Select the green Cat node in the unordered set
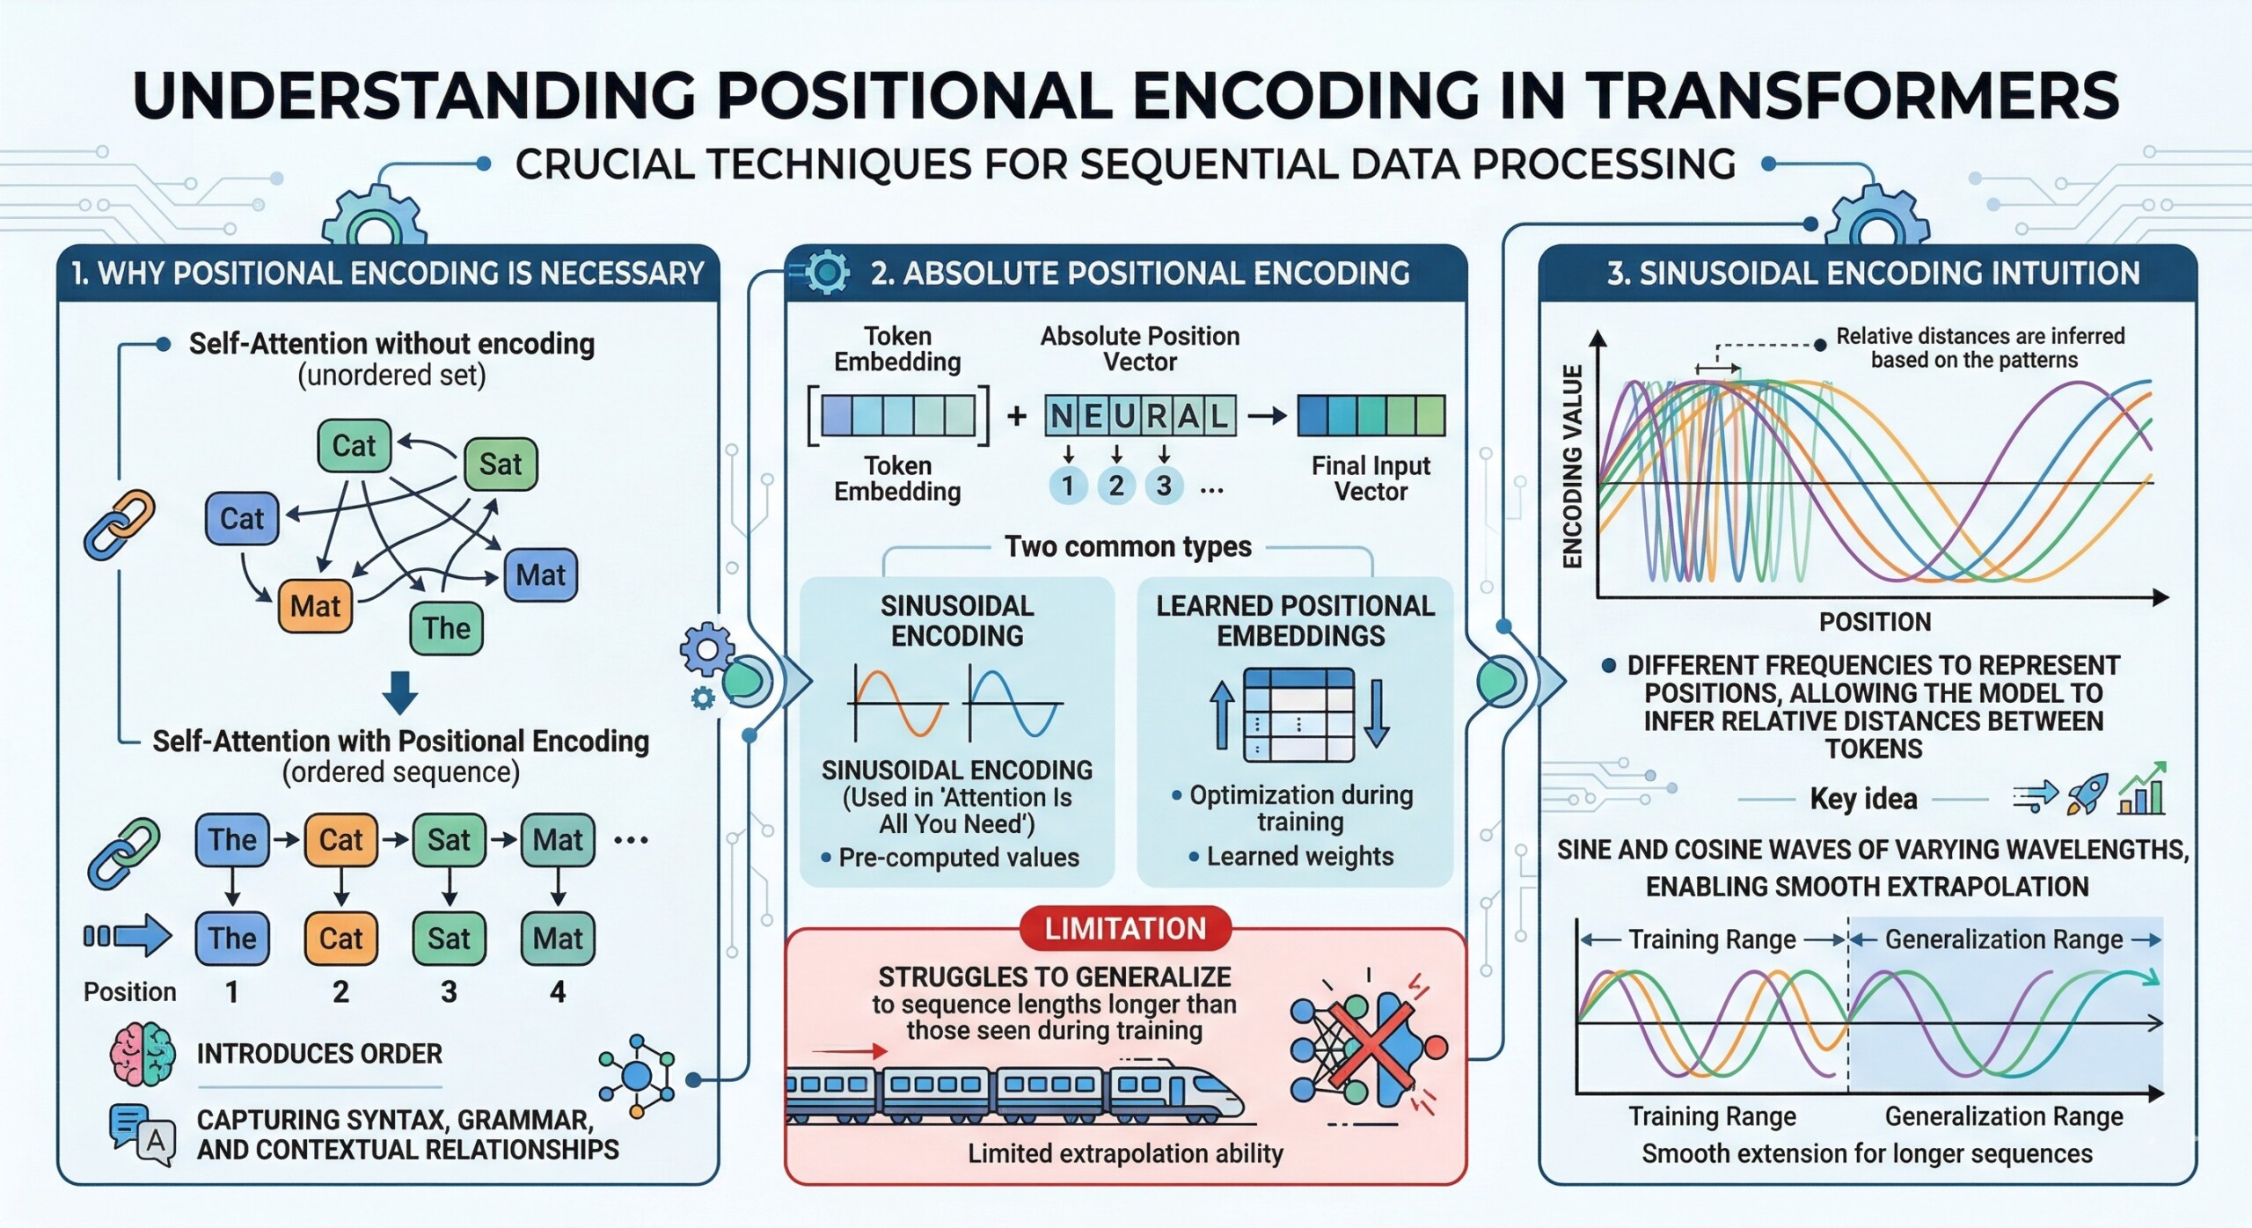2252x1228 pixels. point(354,446)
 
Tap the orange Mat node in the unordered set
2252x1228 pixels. point(315,606)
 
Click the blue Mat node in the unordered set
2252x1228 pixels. point(540,575)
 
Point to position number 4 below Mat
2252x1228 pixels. point(558,992)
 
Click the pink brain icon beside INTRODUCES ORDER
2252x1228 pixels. point(142,1053)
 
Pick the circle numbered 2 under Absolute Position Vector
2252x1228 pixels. point(1115,486)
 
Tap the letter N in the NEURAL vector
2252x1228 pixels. point(1062,416)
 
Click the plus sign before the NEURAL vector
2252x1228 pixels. point(1017,415)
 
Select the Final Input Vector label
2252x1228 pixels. point(1371,479)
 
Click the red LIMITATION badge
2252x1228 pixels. point(1125,929)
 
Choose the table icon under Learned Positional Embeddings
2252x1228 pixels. point(1298,714)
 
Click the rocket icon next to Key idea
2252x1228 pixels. point(2087,793)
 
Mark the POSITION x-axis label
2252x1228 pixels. point(1875,622)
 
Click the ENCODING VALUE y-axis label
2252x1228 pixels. point(1573,466)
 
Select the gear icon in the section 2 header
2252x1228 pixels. point(827,272)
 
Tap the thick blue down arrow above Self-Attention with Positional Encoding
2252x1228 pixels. point(400,691)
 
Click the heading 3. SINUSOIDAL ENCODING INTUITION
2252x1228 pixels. point(1873,274)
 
